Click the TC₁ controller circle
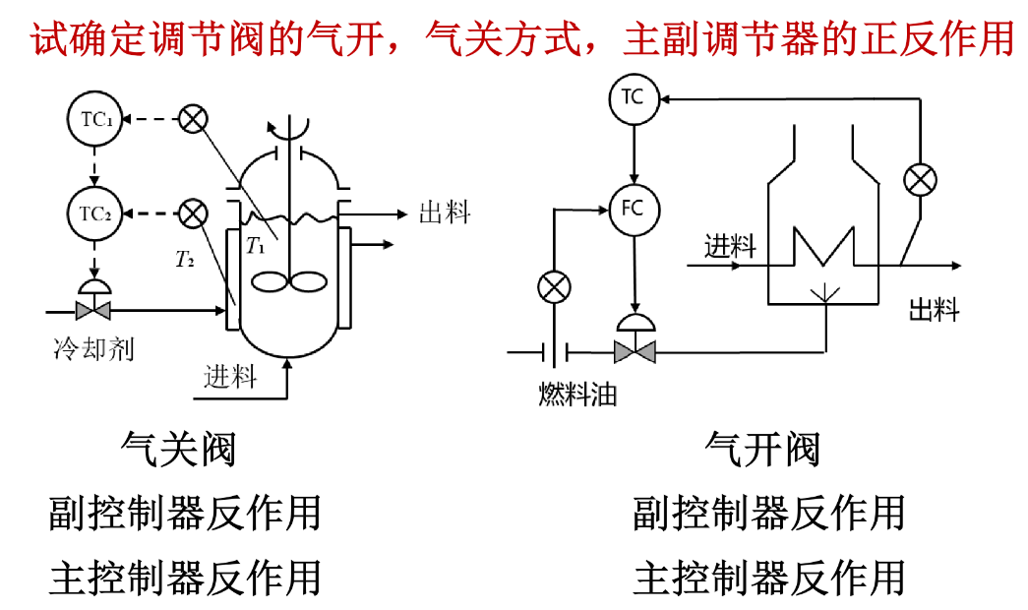(x=95, y=119)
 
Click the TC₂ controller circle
(x=95, y=213)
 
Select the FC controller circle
(x=634, y=210)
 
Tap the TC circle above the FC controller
(x=634, y=98)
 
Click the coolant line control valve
(x=93, y=300)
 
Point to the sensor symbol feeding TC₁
(x=194, y=119)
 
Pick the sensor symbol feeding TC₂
(x=194, y=213)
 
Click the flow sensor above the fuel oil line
(x=554, y=287)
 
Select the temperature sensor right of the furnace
(x=920, y=180)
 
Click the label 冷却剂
(x=93, y=348)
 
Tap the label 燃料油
(x=577, y=395)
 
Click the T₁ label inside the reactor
(x=256, y=246)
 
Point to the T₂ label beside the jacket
(x=185, y=260)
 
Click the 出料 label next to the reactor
(x=445, y=213)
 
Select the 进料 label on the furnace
(x=730, y=247)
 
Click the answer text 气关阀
(x=178, y=450)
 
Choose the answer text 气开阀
(x=762, y=450)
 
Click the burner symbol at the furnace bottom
(x=825, y=293)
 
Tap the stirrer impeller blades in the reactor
(x=289, y=282)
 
